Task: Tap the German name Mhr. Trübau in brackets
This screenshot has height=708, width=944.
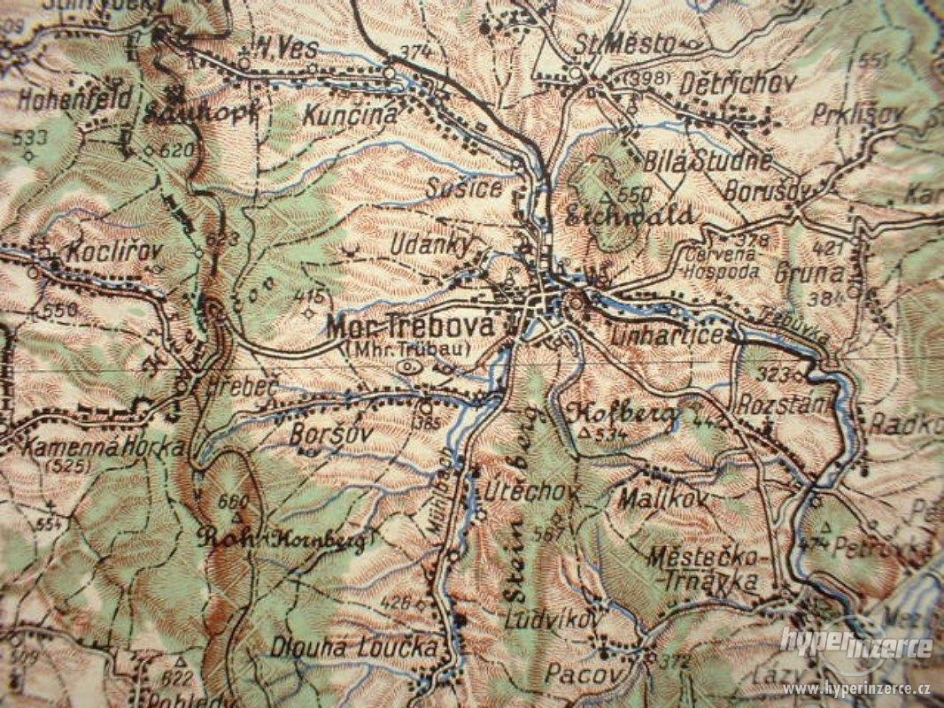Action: (406, 347)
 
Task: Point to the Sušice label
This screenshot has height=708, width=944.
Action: (463, 189)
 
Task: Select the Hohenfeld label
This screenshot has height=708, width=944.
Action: (66, 97)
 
